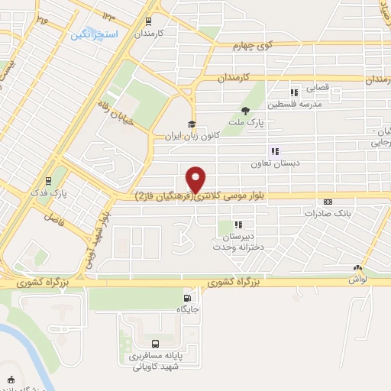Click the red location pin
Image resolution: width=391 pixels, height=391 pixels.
pyautogui.click(x=196, y=179)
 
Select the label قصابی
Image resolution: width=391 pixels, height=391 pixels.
pyautogui.click(x=317, y=89)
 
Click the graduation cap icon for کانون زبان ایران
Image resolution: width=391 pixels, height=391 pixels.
pyautogui.click(x=191, y=125)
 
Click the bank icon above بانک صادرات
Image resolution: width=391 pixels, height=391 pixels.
pyautogui.click(x=328, y=202)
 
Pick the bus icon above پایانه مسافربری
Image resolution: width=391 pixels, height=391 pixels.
pyautogui.click(x=156, y=344)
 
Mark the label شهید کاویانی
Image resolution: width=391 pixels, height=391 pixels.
pyautogui.click(x=156, y=367)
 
